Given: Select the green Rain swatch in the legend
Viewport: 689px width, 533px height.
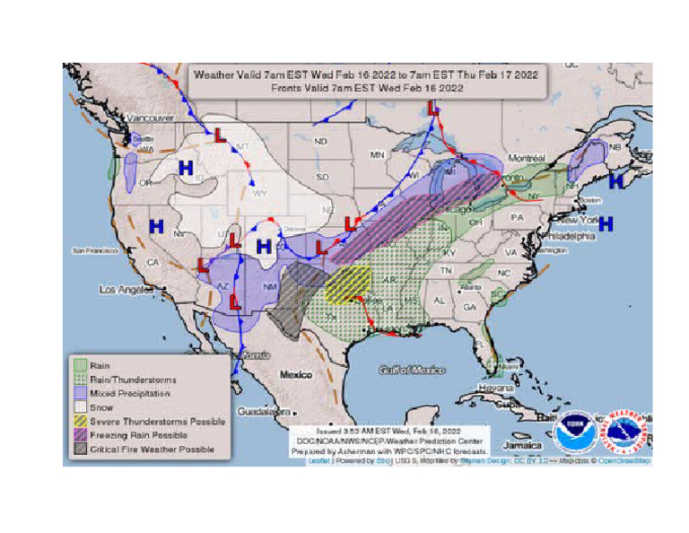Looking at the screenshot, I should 79,364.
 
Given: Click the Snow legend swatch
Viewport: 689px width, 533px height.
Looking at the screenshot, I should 79,406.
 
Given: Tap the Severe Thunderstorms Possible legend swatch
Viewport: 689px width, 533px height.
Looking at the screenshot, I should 79,421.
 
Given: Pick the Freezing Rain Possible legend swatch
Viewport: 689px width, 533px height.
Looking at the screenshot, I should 79,434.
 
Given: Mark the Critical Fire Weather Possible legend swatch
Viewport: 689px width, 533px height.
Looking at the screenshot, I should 79,449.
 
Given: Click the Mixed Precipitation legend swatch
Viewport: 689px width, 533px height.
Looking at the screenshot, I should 79,392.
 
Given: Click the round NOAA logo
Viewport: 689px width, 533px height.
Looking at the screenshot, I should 572,433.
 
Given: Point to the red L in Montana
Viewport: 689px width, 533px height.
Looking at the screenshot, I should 220,135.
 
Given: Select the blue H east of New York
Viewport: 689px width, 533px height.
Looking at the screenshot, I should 606,222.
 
